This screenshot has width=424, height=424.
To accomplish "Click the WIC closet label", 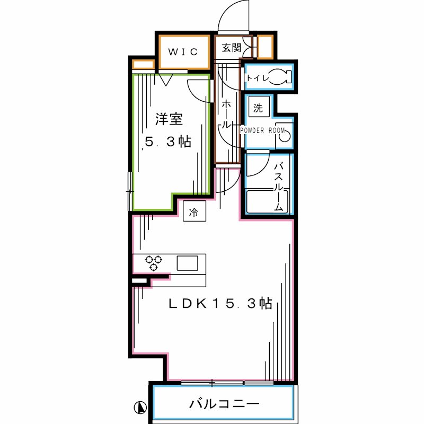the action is coord(183,51).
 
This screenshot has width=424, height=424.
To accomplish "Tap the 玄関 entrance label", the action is coord(231,48).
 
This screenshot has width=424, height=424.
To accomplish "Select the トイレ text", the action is coord(258,78).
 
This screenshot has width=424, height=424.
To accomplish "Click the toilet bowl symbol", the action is coord(280,77).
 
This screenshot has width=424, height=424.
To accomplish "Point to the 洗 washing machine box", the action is coord(259,107).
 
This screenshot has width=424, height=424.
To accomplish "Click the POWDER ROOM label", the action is coord(262,130).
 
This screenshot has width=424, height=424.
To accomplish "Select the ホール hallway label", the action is coord(226,114).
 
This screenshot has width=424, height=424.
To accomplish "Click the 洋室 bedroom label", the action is coord(169,119).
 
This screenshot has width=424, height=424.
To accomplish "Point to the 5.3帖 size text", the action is coord(168,142).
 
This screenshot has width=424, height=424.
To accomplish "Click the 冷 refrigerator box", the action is coord(194,211).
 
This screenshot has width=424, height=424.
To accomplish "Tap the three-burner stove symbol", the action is coord(154,262).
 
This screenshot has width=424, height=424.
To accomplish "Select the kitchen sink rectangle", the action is coord(188,263).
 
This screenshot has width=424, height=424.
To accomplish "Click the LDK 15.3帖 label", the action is coord(220,303).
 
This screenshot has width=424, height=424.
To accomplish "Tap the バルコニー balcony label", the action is coord(224,404).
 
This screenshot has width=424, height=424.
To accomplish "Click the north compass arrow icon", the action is coord(140,407).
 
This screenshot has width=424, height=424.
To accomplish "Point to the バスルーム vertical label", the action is coord(279,187).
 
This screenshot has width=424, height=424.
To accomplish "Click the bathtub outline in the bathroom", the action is coord(267,202).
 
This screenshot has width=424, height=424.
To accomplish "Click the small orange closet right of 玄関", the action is coord(264,47).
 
